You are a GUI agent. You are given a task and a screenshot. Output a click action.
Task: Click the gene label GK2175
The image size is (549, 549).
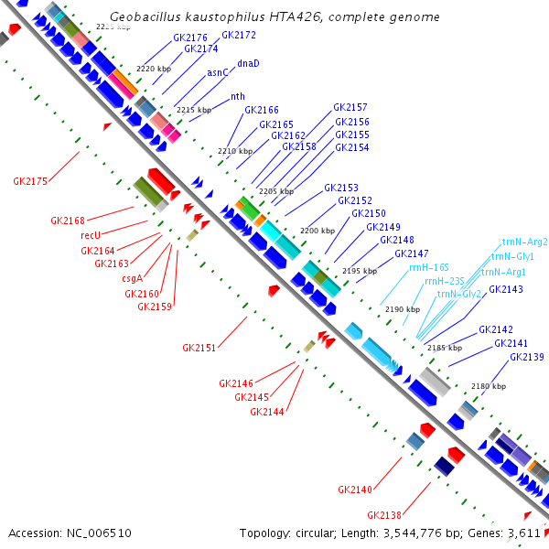[x=30, y=181]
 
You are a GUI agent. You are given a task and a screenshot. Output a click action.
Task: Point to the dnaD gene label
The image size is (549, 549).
[x=248, y=63]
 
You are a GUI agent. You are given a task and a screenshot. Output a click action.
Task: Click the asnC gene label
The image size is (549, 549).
[x=217, y=72]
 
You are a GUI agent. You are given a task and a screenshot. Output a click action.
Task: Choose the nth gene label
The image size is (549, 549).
[x=237, y=96]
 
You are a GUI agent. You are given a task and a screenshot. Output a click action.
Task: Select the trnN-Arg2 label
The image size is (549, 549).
[x=524, y=242]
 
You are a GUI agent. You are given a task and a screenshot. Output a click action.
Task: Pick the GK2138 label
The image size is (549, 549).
[x=384, y=514]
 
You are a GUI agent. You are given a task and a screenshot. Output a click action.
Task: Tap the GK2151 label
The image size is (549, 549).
[x=199, y=348]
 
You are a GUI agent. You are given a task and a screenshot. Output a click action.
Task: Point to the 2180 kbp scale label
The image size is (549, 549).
[x=488, y=386]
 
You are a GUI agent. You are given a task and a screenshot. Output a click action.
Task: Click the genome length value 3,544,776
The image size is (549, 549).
[x=420, y=533]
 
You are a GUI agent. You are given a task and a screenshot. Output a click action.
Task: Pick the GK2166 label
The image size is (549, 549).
[x=262, y=110]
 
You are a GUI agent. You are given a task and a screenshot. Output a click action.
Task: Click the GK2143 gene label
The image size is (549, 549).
[x=506, y=289]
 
